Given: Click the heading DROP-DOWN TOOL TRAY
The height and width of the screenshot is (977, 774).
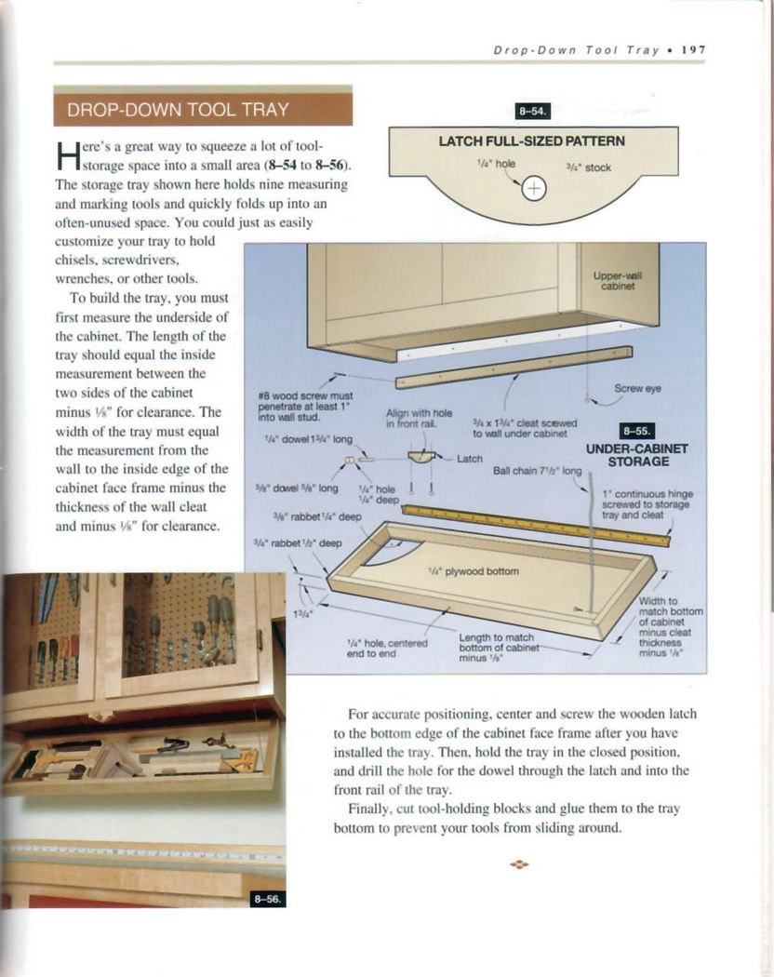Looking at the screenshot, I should click(x=179, y=110).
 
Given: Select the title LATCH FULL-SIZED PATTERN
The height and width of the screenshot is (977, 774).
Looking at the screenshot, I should click(x=531, y=142).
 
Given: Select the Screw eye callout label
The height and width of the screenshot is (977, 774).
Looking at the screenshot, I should click(x=637, y=388).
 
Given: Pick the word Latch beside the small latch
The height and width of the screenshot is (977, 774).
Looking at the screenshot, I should click(x=471, y=459).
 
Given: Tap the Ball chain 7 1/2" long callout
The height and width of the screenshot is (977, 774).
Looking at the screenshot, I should click(x=537, y=470).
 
